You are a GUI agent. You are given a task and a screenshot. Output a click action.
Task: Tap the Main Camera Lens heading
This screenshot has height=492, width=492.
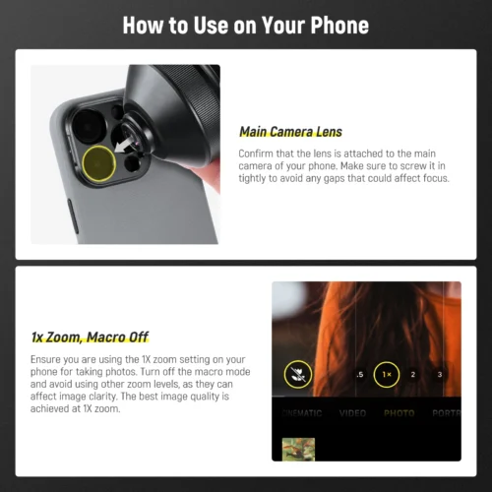tap(290, 132)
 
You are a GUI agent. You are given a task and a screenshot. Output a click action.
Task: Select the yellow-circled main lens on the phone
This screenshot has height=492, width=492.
tap(98, 164)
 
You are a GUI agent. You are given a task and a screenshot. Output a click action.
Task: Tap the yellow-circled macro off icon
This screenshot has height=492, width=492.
tap(298, 374)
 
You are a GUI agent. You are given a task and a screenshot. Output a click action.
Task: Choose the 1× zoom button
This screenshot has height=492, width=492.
tap(387, 375)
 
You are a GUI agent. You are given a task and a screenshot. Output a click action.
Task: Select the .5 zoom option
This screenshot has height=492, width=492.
tap(359, 375)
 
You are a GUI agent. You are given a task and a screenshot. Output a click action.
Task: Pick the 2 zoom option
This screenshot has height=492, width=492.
tap(413, 375)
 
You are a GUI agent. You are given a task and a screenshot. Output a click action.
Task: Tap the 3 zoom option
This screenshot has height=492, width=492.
tap(439, 375)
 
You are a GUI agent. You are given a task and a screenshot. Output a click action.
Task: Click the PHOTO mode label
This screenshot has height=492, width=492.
tap(399, 413)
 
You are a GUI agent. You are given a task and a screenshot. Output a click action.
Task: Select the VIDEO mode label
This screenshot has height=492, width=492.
tap(352, 413)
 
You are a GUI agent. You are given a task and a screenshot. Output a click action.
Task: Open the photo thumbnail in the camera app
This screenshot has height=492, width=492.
tap(298, 449)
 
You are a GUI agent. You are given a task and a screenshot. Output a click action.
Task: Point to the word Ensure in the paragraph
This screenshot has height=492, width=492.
tap(46, 360)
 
